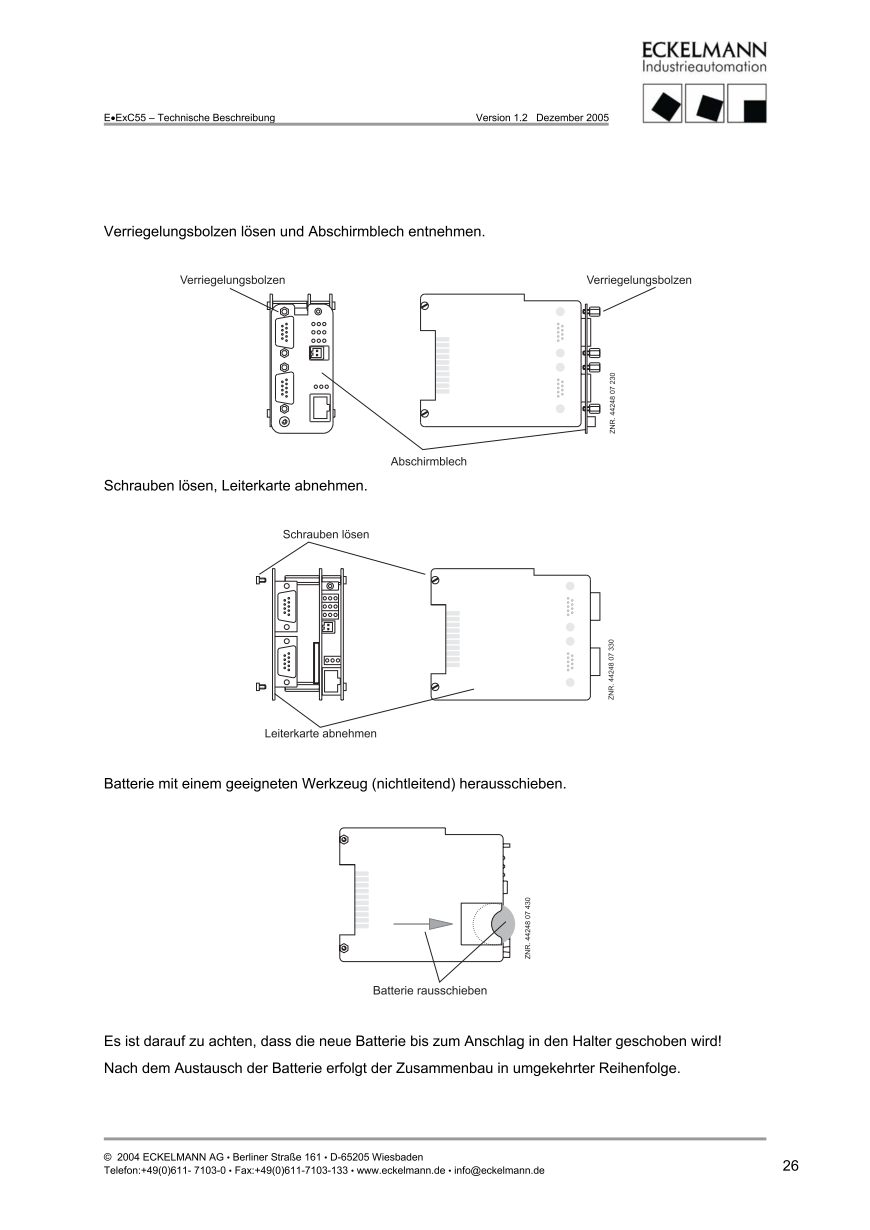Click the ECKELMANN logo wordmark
pyautogui.click(x=704, y=51)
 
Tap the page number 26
pyautogui.click(x=790, y=1166)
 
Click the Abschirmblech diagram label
pyautogui.click(x=428, y=462)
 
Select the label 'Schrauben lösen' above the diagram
pyautogui.click(x=326, y=534)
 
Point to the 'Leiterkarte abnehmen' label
pyautogui.click(x=320, y=733)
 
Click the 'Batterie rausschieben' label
pyautogui.click(x=430, y=991)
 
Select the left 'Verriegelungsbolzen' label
pyautogui.click(x=232, y=280)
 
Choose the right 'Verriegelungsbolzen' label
pyautogui.click(x=638, y=280)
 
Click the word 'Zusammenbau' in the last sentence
pyautogui.click(x=460, y=1067)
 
